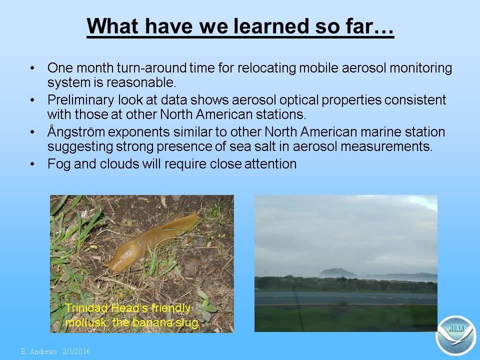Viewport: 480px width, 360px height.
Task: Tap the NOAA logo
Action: [456, 335]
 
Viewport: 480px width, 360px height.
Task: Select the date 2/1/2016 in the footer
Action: [76, 351]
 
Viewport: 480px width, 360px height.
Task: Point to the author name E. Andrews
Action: [39, 351]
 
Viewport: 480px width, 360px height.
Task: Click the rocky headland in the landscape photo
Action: [337, 273]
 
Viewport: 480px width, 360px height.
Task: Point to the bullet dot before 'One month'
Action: [32, 68]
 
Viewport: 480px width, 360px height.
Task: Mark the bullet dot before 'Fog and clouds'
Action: [32, 164]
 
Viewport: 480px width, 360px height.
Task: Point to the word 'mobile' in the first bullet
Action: [318, 68]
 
